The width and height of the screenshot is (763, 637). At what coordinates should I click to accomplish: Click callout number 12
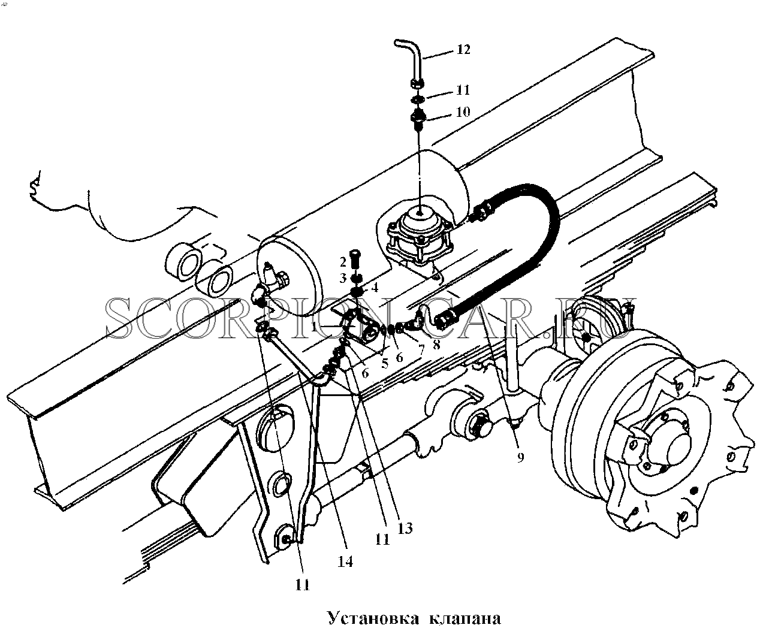(x=463, y=49)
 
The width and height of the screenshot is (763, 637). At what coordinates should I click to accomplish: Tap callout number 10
(x=463, y=112)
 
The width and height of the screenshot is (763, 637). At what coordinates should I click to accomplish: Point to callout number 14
(x=345, y=561)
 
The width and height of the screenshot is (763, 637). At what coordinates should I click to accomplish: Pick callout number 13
(x=405, y=528)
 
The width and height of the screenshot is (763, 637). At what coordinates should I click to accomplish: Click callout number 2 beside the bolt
(x=343, y=262)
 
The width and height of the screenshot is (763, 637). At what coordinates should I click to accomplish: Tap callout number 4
(x=375, y=288)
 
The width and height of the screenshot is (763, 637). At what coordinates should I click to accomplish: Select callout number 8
(x=436, y=344)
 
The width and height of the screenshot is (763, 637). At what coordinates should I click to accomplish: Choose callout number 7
(x=421, y=350)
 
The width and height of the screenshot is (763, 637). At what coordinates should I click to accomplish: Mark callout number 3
(x=343, y=278)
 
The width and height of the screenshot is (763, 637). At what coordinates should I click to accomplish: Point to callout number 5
(x=384, y=364)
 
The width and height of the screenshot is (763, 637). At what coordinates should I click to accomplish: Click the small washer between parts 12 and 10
(x=418, y=99)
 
